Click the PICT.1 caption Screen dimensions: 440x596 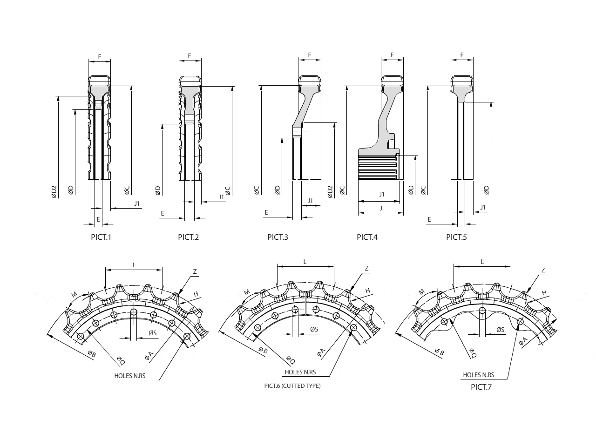pyautogui.click(x=101, y=237)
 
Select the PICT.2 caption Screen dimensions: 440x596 pyautogui.click(x=188, y=237)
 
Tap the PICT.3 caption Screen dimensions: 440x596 pyautogui.click(x=278, y=237)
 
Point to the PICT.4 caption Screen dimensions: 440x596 pyautogui.click(x=367, y=237)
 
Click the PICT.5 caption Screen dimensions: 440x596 pyautogui.click(x=456, y=237)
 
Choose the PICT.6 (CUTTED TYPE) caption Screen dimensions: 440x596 pyautogui.click(x=292, y=386)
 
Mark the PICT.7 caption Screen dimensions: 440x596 pyautogui.click(x=481, y=387)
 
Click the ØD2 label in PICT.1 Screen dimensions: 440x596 pyautogui.click(x=54, y=191)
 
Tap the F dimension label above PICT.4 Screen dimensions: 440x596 pyautogui.click(x=392, y=55)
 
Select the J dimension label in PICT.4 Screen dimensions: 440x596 pyautogui.click(x=381, y=208)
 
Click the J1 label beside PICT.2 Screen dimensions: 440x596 pyautogui.click(x=222, y=197)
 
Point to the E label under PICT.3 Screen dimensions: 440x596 pyautogui.click(x=266, y=213)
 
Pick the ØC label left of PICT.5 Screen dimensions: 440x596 pyautogui.click(x=423, y=190)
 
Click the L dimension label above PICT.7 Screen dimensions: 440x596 pyautogui.click(x=482, y=262)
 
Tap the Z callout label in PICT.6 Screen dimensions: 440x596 pyautogui.click(x=366, y=269)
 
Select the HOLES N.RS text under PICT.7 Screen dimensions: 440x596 pyautogui.click(x=478, y=375)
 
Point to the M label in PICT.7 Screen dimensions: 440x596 pyautogui.click(x=421, y=292)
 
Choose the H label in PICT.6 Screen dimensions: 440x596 pyautogui.click(x=367, y=291)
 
